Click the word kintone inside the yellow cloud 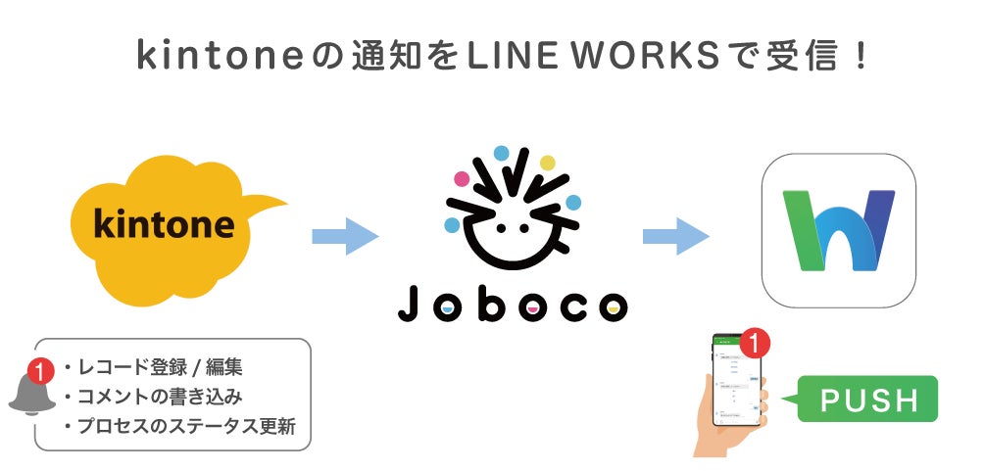[x=165, y=225]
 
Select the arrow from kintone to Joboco [x=344, y=236]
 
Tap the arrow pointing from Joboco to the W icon [x=675, y=236]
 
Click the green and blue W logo [x=838, y=231]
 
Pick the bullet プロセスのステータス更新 [x=178, y=427]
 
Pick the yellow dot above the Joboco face [x=547, y=163]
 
